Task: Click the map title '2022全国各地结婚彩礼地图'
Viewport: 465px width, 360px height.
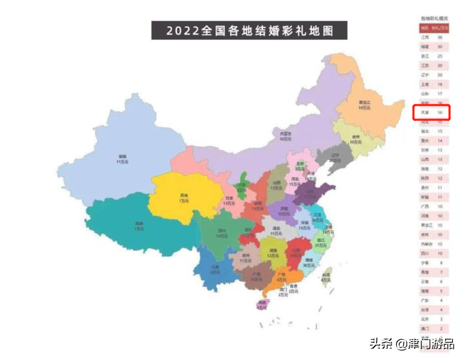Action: pos(249,30)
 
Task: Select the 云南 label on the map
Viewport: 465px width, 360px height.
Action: pos(215,269)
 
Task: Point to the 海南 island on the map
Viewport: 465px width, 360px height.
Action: pos(261,304)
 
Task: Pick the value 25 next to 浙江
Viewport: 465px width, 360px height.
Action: pos(440,56)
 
